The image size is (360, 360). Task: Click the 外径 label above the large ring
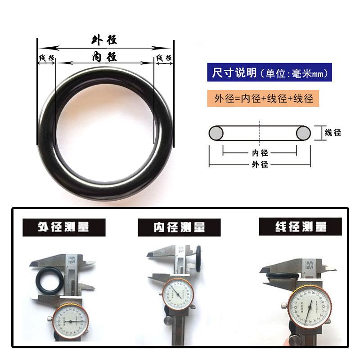point(104,40)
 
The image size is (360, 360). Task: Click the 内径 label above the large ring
point(104,57)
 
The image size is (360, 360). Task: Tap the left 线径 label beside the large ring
point(46,58)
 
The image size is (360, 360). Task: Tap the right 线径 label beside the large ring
point(164,58)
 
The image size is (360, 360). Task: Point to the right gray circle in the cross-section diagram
point(303,133)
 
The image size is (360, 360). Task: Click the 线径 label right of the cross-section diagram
point(333,133)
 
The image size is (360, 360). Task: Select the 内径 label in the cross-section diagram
point(259,153)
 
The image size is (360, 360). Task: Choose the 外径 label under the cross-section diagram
point(259,165)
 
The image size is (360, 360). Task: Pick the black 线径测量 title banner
point(300,226)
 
